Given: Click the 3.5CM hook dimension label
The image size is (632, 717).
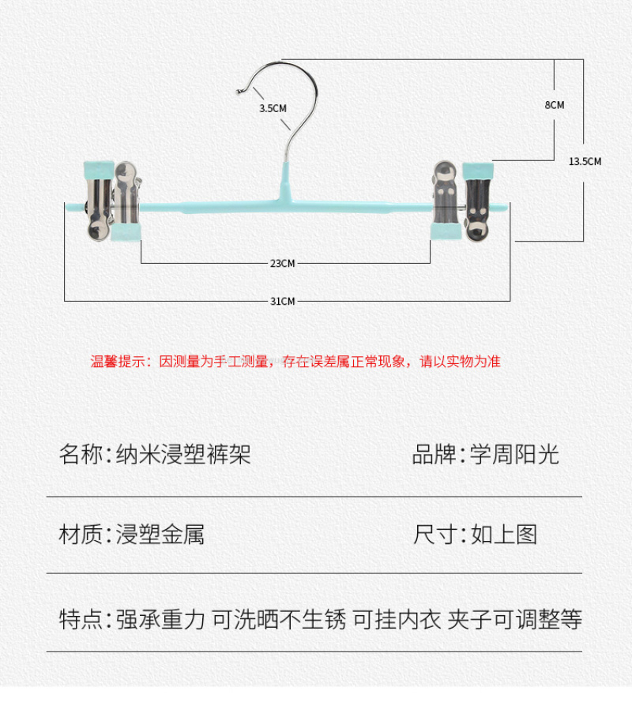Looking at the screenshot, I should point(273,108).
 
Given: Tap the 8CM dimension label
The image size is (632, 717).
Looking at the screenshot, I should point(555,105).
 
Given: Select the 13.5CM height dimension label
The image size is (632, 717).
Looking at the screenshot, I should point(585,162).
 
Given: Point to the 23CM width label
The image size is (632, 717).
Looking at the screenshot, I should point(282,263).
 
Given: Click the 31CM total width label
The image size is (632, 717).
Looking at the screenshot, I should point(282,301).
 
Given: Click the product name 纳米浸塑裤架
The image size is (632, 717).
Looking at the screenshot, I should point(183,455).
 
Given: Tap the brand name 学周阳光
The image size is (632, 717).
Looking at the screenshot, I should point(514,455).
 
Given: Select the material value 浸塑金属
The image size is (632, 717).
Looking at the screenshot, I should point(160,535).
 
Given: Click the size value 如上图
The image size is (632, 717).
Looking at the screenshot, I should point(504,535).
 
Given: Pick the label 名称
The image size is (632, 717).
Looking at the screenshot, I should point(81,455).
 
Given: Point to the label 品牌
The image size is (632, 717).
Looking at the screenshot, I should point(434,455).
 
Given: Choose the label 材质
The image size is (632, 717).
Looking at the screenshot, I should point(81,535).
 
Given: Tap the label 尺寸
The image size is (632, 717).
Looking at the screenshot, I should point(434,535).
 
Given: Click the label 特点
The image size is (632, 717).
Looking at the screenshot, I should point(81,620).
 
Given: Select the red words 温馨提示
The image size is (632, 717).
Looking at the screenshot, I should point(113,362).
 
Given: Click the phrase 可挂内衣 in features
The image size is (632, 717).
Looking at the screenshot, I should point(397,620).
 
